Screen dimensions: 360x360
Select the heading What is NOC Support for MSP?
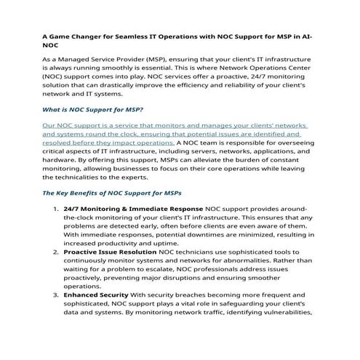pyautogui.click(x=92, y=110)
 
